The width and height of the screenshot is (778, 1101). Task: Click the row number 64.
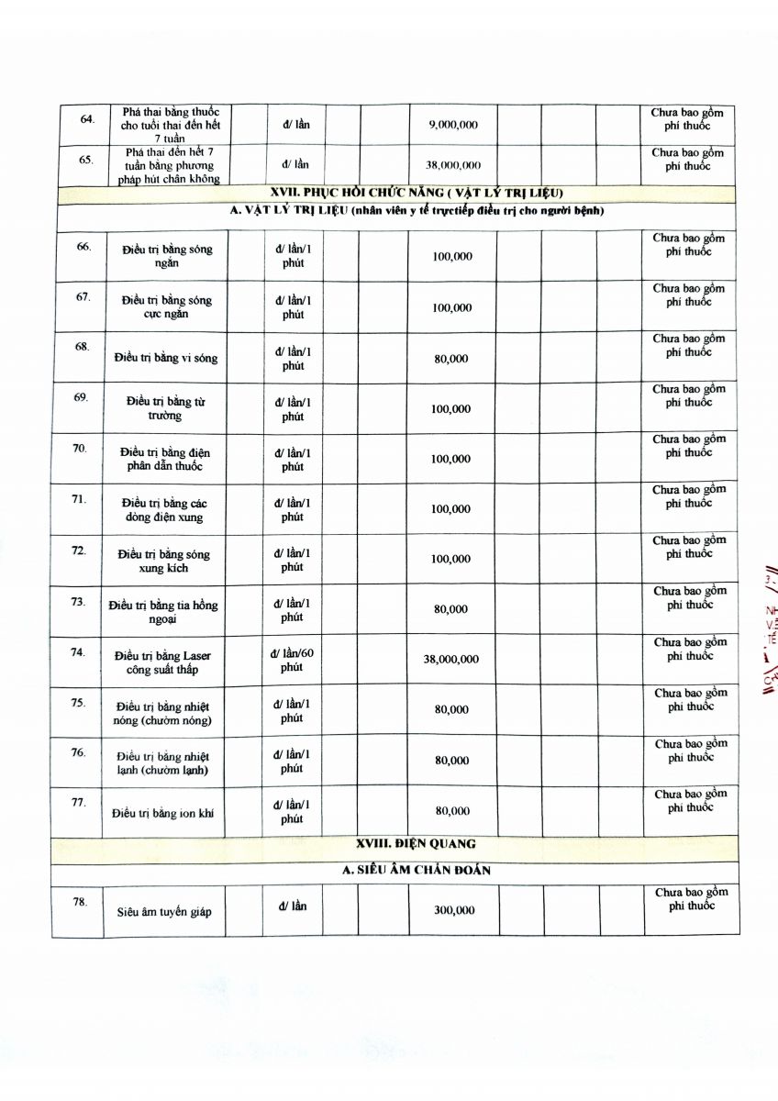pyautogui.click(x=88, y=119)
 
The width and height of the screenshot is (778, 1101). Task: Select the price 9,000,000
pyautogui.click(x=453, y=125)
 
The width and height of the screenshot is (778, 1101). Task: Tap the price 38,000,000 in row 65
pyautogui.click(x=453, y=165)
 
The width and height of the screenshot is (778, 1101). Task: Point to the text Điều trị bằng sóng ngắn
pyautogui.click(x=166, y=256)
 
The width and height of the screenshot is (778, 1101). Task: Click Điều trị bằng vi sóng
pyautogui.click(x=166, y=358)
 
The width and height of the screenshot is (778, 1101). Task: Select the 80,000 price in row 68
pyautogui.click(x=451, y=359)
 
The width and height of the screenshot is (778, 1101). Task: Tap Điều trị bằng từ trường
pyautogui.click(x=165, y=408)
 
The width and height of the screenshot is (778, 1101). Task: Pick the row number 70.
pyautogui.click(x=80, y=449)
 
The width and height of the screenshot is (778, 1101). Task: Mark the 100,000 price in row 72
pyautogui.click(x=451, y=559)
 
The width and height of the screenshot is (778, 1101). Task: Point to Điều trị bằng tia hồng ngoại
pyautogui.click(x=163, y=612)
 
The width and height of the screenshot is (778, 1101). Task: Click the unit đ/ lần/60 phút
pyautogui.click(x=292, y=660)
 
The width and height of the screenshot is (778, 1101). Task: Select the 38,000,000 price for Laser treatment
pyautogui.click(x=450, y=660)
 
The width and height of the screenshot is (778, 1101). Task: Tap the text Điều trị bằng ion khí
pyautogui.click(x=162, y=814)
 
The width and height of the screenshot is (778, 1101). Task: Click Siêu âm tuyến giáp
pyautogui.click(x=164, y=912)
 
